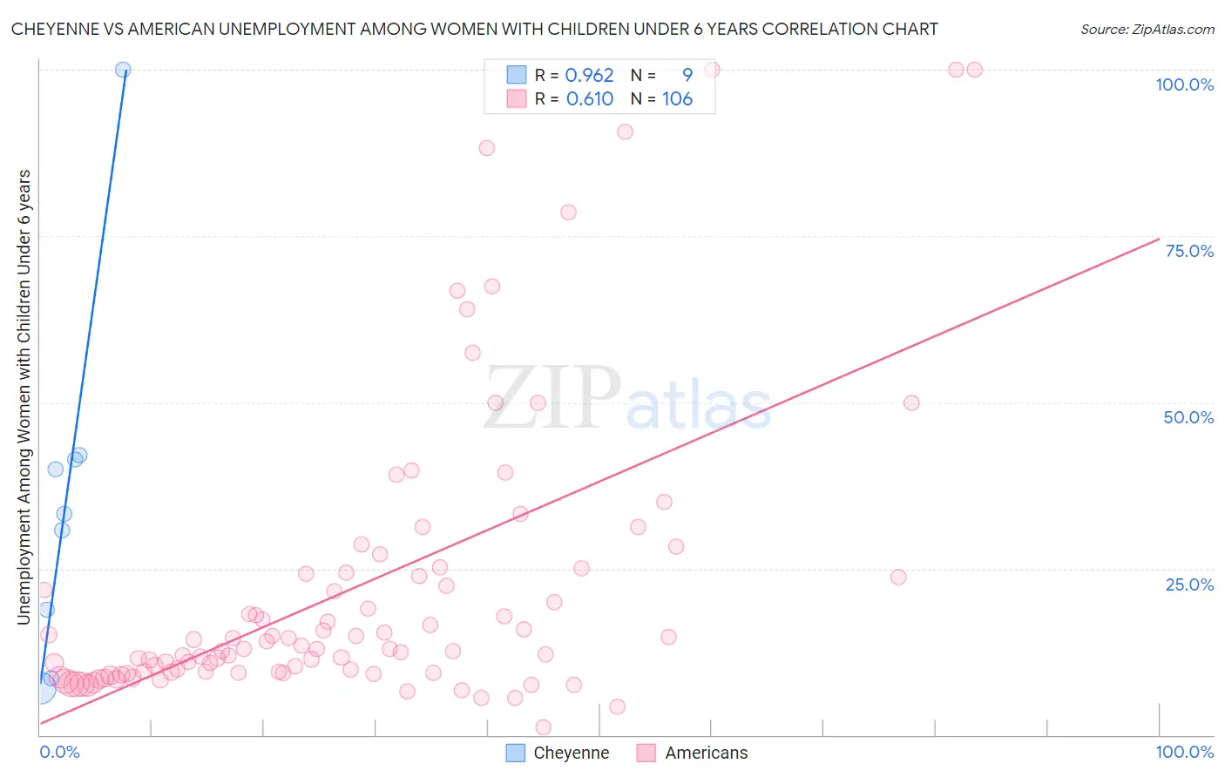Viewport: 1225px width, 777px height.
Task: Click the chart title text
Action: (475, 29)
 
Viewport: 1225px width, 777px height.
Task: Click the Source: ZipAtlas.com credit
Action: (1147, 29)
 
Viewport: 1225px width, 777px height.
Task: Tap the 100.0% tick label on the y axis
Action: (1184, 84)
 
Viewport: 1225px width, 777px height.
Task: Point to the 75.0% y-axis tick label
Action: (1189, 251)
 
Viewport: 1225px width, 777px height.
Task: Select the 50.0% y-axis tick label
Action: (1188, 417)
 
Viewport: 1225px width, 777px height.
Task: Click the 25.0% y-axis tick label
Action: (1189, 584)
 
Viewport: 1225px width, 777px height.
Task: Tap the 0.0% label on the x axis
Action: (60, 752)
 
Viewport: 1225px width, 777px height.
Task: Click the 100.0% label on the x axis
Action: (1184, 752)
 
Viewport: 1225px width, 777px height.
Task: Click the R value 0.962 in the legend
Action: (589, 75)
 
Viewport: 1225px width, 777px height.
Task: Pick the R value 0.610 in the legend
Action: (589, 98)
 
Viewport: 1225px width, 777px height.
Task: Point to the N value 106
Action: (677, 98)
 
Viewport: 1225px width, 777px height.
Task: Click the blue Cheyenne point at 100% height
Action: (123, 70)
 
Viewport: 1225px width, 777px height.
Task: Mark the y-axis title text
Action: (24, 396)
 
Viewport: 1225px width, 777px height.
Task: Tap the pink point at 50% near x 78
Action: (911, 402)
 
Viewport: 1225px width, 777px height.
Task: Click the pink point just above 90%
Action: (625, 132)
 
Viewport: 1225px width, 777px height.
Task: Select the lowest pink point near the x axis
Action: (543, 727)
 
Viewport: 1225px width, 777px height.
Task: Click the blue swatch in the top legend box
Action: (516, 75)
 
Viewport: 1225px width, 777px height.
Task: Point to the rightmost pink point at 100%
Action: (975, 70)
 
